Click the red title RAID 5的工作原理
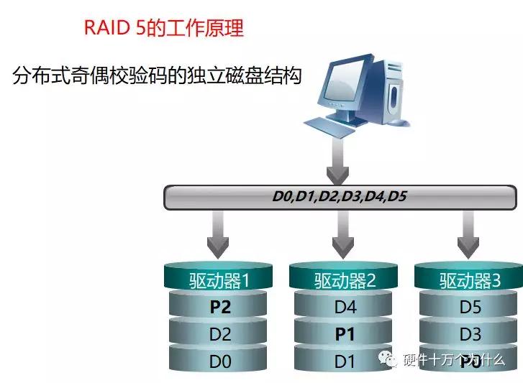click(164, 28)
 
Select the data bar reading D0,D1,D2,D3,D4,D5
click(340, 195)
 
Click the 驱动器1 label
click(219, 280)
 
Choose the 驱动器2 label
click(345, 280)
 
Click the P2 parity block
click(219, 308)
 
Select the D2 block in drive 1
click(219, 334)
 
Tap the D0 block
click(219, 361)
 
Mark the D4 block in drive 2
click(345, 308)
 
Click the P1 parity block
click(345, 334)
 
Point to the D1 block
click(345, 361)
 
